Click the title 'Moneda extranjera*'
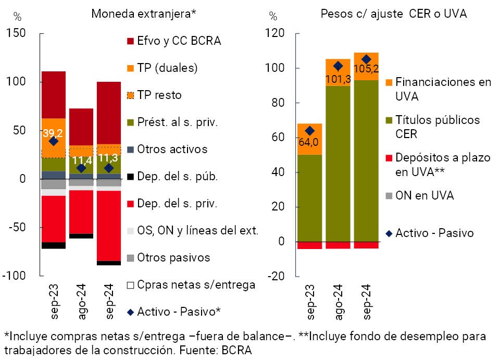tap(143, 14)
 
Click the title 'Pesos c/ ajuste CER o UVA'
tap(393, 14)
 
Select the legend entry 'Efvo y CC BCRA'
tap(179, 41)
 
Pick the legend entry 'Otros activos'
tap(172, 149)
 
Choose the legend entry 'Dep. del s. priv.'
tap(177, 204)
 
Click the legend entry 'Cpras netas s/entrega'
tap(196, 284)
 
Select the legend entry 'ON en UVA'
tap(424, 195)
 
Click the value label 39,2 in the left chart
tap(53, 133)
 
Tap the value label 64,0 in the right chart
tap(309, 142)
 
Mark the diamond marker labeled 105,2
tap(366, 59)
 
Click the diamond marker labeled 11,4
tap(81, 168)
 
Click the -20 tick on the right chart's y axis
tap(277, 276)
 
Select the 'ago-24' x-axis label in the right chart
tap(339, 298)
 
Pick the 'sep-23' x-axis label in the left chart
tap(55, 300)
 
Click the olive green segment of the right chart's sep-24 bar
tap(366, 156)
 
